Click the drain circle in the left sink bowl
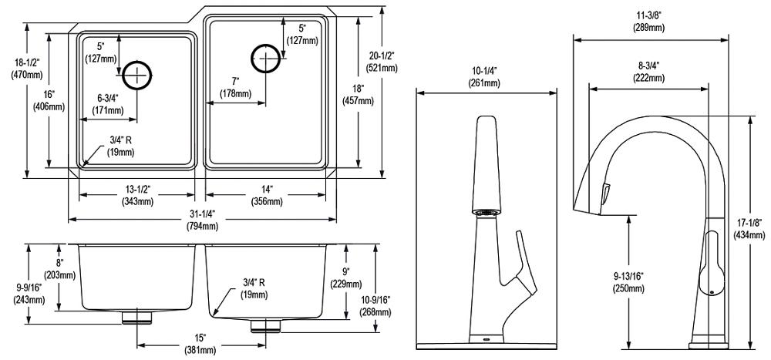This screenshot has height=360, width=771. click(x=136, y=74)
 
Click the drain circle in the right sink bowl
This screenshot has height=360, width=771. click(x=265, y=58)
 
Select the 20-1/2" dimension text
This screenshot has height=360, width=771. click(x=382, y=62)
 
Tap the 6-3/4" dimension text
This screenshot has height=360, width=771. click(x=108, y=104)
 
